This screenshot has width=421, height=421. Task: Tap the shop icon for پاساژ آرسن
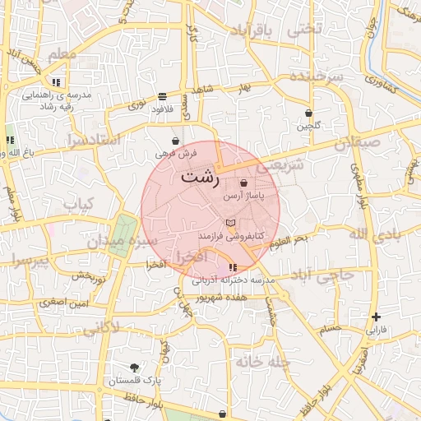click(243, 183)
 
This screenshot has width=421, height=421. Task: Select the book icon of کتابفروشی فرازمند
click(230, 223)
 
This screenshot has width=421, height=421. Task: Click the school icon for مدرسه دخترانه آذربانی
click(234, 267)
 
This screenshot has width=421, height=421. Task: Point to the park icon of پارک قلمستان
click(134, 368)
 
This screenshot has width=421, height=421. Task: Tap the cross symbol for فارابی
click(376, 317)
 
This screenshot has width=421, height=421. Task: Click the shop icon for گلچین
click(308, 113)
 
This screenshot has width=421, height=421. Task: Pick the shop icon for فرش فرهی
click(175, 141)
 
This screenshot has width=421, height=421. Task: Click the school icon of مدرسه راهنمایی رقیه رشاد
click(56, 82)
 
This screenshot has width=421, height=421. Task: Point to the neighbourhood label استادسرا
click(95, 140)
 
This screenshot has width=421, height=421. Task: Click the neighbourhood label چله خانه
click(263, 361)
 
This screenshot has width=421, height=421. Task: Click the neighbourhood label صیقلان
click(359, 143)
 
